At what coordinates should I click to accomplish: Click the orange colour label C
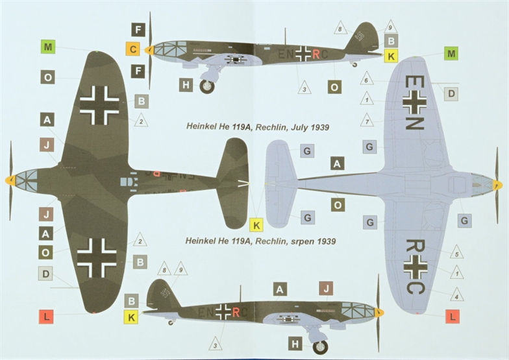pyautogui.click(x=132, y=49)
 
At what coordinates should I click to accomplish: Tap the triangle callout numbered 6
pyautogui.click(x=366, y=79)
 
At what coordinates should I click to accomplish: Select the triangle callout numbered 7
pyautogui.click(x=367, y=121)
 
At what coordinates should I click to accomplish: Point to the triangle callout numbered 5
pyautogui.click(x=457, y=253)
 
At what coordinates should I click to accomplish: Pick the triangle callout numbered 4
pyautogui.click(x=457, y=295)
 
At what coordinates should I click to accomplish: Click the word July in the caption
pyautogui.click(x=299, y=127)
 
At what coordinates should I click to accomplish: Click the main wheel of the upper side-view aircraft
pyautogui.click(x=206, y=87)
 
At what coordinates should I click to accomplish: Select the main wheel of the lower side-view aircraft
pyautogui.click(x=320, y=347)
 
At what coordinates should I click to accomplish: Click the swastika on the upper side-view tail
pyautogui.click(x=360, y=36)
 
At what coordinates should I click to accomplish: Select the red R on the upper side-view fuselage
pyautogui.click(x=316, y=54)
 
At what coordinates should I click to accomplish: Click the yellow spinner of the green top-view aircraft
pyautogui.click(x=10, y=180)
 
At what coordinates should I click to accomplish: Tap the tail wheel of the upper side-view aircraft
pyautogui.click(x=354, y=65)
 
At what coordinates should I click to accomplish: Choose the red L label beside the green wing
pyautogui.click(x=46, y=317)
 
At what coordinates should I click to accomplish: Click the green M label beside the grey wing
pyautogui.click(x=451, y=53)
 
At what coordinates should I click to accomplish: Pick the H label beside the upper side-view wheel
pyautogui.click(x=186, y=85)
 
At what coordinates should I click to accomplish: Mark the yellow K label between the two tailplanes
pyautogui.click(x=256, y=225)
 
